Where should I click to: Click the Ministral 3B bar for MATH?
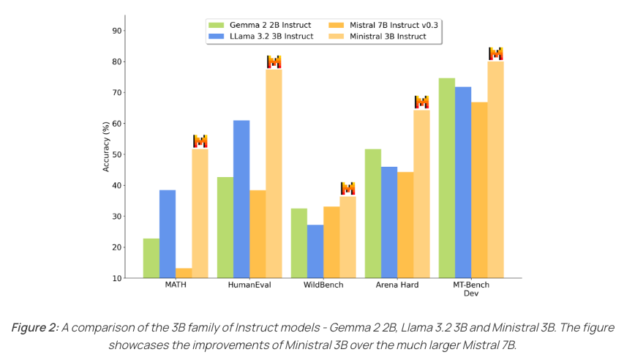[x=200, y=213]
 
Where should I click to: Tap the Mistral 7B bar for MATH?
[x=184, y=273]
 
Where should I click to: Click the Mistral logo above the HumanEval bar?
[x=274, y=61]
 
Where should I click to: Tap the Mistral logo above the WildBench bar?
[x=347, y=188]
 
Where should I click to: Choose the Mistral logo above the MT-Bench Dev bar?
[x=496, y=53]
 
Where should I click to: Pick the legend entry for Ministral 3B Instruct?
[x=388, y=36]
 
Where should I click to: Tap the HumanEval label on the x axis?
[x=249, y=285]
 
